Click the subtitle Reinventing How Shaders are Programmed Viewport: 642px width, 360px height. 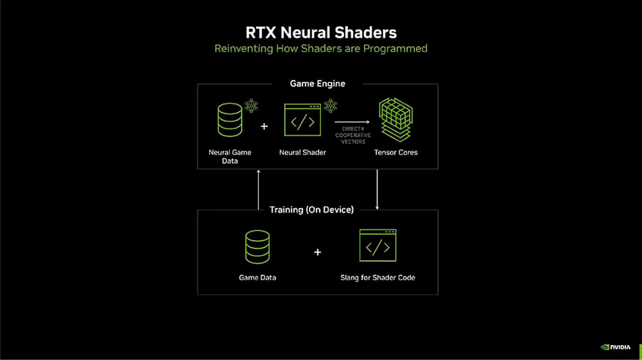[x=320, y=48]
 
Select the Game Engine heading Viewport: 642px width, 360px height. [x=317, y=83]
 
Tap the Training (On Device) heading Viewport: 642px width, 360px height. [x=312, y=210]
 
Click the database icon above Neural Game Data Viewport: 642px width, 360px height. [x=230, y=120]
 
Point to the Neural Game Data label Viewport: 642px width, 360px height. [x=230, y=156]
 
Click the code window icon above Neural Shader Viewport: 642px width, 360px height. [x=302, y=120]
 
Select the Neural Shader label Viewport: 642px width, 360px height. [x=302, y=152]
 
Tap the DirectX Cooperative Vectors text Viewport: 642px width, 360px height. [x=352, y=135]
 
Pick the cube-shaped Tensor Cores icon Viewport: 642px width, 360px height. [x=396, y=120]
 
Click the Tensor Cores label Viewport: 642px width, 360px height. [x=396, y=152]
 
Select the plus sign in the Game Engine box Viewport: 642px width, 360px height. [x=264, y=126]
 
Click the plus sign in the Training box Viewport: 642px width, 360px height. [x=317, y=252]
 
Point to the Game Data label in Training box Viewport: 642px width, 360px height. [x=258, y=277]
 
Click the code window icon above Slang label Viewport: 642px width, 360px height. [x=377, y=246]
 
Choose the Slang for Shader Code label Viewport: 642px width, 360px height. [x=377, y=277]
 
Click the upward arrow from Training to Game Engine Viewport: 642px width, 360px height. [x=258, y=189]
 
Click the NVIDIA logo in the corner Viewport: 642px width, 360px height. [x=616, y=347]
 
